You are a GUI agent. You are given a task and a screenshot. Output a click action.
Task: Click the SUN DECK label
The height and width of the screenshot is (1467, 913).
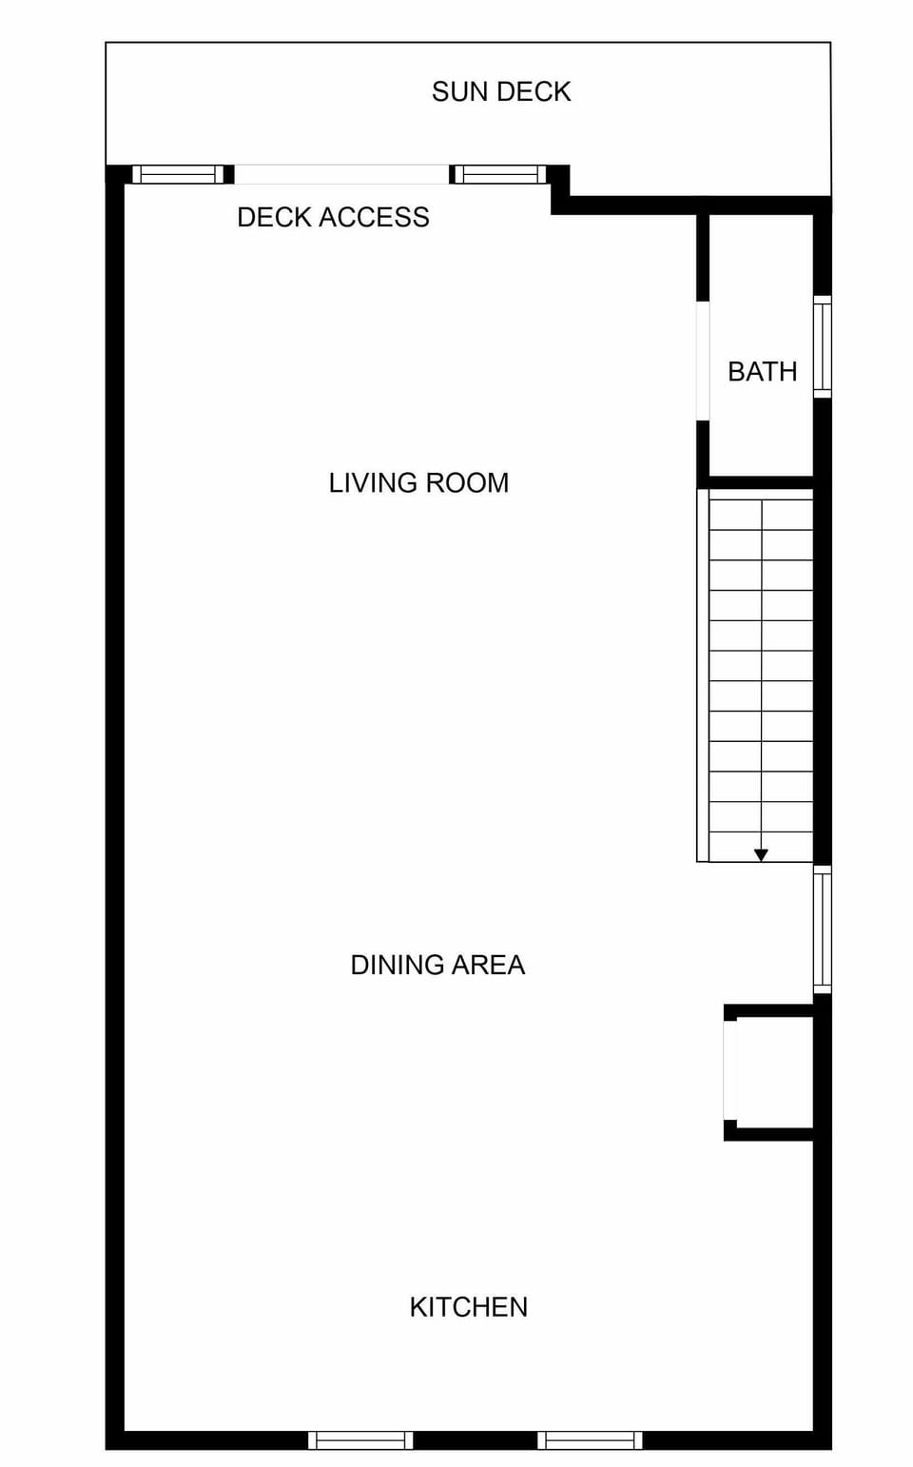pos(501,91)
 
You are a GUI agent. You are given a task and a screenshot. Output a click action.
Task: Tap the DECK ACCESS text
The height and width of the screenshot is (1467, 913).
pos(333,217)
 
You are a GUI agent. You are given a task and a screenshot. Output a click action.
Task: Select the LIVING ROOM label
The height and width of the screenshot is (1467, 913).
pos(418,482)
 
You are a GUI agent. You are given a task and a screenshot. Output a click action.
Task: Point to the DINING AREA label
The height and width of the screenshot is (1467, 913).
pos(437,965)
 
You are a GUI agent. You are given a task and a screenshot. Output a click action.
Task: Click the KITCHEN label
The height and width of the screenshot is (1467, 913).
pos(469,1306)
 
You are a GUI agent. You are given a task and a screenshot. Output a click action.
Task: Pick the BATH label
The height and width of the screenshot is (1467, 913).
pos(763,371)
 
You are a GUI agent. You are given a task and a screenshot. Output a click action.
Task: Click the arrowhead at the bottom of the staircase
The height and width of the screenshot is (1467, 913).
pos(761,855)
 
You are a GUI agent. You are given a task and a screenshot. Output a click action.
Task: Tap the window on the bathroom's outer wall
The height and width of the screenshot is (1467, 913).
pos(823,346)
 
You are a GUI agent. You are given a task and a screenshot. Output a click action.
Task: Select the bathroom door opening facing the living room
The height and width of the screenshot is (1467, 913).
pos(703,361)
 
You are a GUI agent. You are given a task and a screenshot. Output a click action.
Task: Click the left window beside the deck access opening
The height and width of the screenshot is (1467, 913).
pos(179,174)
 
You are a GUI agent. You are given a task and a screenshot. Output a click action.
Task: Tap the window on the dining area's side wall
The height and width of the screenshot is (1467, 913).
pos(823,929)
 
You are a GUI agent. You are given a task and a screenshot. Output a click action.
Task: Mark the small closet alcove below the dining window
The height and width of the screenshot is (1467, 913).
pos(769,1072)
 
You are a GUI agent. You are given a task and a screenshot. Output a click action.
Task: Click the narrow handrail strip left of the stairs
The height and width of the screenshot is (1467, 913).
pos(703,675)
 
